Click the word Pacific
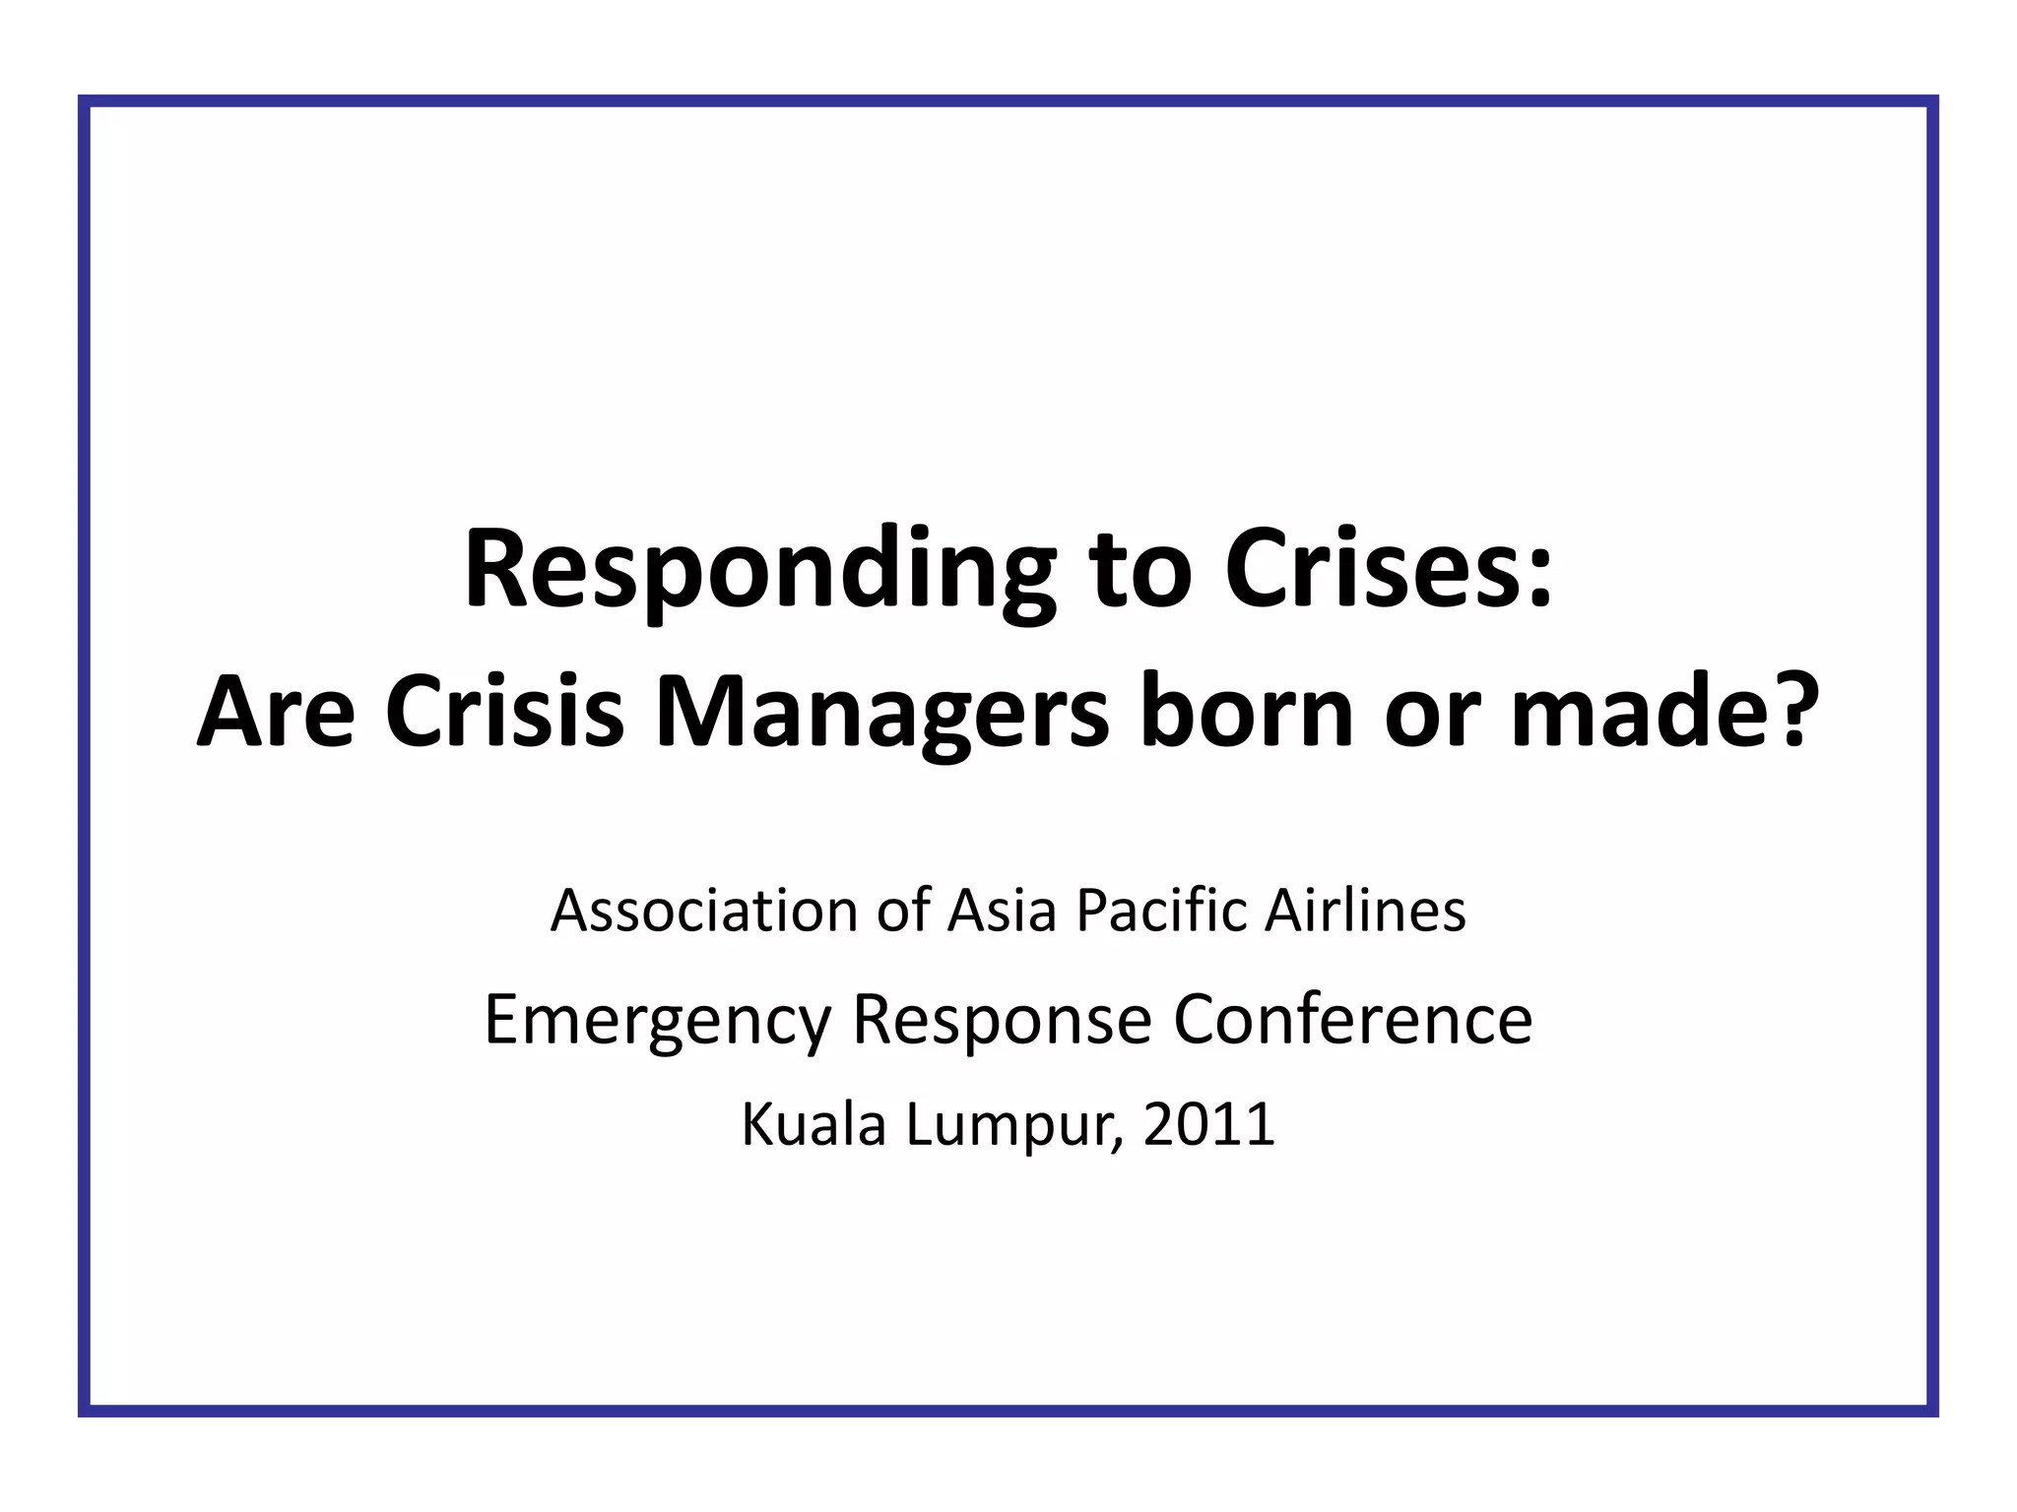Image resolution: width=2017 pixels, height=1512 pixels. pyautogui.click(x=1162, y=911)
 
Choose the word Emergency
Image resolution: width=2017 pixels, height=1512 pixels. pyautogui.click(x=658, y=1021)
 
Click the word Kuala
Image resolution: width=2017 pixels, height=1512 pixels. pyautogui.click(x=813, y=1124)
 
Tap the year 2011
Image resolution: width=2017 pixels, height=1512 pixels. pyautogui.click(x=1208, y=1124)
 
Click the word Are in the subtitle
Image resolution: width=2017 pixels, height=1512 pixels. pyautogui.click(x=276, y=713)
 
